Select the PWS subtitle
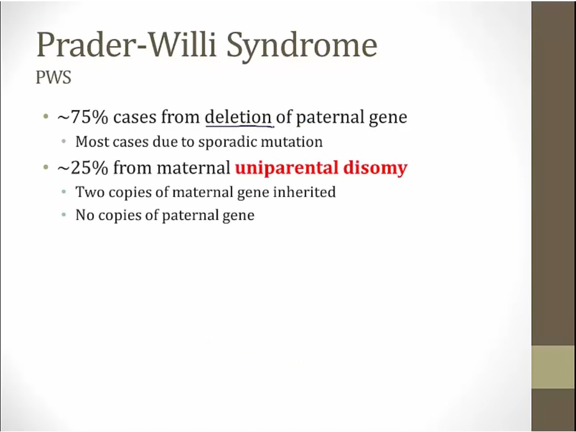pyautogui.click(x=53, y=78)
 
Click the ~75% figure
pyautogui.click(x=83, y=117)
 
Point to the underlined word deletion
pyautogui.click(x=238, y=117)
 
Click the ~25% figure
pyautogui.click(x=83, y=168)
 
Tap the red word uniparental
pyautogui.click(x=287, y=168)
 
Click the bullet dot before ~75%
pyautogui.click(x=45, y=118)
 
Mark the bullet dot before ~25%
pyautogui.click(x=45, y=168)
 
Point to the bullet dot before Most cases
pyautogui.click(x=64, y=142)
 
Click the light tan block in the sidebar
pyautogui.click(x=554, y=367)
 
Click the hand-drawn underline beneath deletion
pyautogui.click(x=239, y=125)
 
